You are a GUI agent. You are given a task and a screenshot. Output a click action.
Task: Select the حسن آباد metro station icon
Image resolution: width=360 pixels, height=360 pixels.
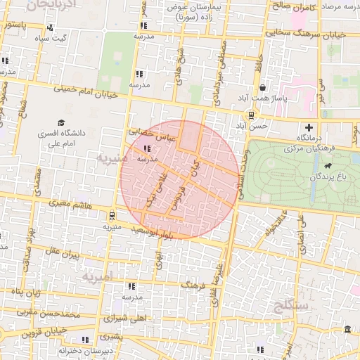pyautogui.click(x=251, y=115)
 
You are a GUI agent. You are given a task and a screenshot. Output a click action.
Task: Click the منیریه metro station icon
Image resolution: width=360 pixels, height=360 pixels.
pyautogui.click(x=112, y=217)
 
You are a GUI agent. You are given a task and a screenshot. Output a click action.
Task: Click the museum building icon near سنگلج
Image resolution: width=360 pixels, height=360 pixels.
pyautogui.click(x=348, y=329)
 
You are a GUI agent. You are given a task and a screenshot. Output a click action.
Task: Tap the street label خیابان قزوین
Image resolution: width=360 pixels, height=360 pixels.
pyautogui.click(x=41, y=330)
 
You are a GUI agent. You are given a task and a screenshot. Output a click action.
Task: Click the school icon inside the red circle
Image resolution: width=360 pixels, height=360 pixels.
pyautogui.click(x=147, y=148)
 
